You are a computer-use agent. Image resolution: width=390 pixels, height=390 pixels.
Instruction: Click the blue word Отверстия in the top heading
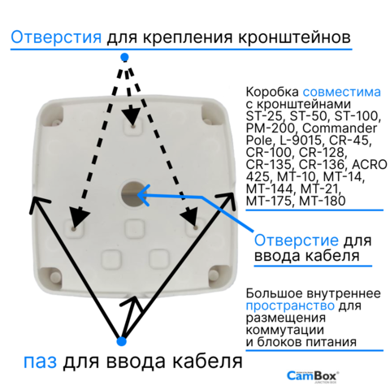pyautogui.click(x=56, y=37)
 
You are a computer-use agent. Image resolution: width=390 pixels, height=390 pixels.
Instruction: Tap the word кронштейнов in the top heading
pyautogui.click(x=294, y=37)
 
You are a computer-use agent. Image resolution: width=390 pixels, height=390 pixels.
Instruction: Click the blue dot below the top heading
pyautogui.click(x=124, y=57)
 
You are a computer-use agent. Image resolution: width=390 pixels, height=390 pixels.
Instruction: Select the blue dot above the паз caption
pyautogui.click(x=121, y=341)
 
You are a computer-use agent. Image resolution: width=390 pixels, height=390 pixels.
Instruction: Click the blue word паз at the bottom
pyautogui.click(x=40, y=362)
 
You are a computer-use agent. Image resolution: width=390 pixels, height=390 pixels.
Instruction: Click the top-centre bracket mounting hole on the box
pyautogui.click(x=132, y=126)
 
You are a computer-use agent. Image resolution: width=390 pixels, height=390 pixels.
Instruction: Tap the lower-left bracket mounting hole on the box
pyautogui.click(x=73, y=229)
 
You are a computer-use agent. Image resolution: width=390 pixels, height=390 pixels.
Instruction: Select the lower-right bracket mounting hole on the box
pyautogui.click(x=195, y=228)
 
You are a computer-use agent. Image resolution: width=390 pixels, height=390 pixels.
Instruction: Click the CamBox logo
pyautogui.click(x=313, y=376)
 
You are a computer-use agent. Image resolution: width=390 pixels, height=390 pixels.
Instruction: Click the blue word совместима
pyautogui.click(x=342, y=92)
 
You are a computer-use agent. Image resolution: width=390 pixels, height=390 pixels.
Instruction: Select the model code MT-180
pyautogui.click(x=323, y=201)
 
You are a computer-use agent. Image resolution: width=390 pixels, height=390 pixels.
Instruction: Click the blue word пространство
pyautogui.click(x=290, y=305)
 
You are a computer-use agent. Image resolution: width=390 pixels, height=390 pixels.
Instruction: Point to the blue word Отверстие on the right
pyautogui.click(x=297, y=240)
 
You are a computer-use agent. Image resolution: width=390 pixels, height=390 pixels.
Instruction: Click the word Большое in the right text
pyautogui.click(x=275, y=293)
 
